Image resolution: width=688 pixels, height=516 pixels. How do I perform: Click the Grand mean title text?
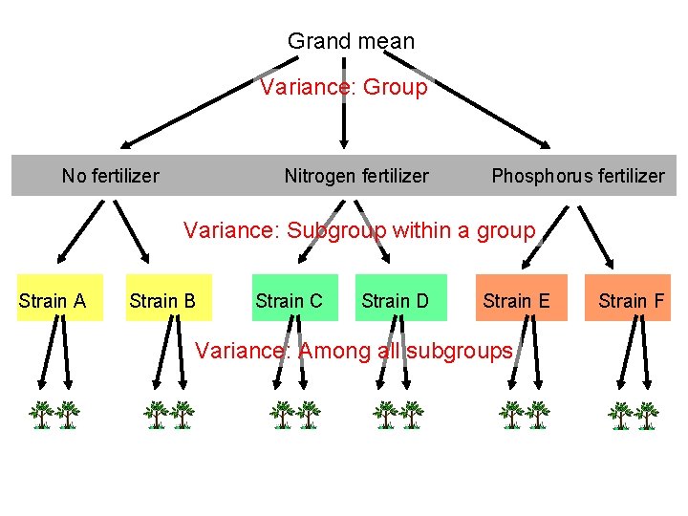[351, 41]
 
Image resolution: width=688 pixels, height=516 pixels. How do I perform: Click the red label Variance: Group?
[344, 87]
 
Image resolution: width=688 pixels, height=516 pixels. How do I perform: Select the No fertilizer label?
[110, 176]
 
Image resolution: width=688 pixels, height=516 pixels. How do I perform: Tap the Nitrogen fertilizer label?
[356, 176]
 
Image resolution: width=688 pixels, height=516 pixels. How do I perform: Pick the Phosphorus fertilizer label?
[577, 176]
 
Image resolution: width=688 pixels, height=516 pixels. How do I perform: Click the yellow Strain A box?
[53, 301]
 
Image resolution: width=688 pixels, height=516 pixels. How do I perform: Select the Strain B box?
[162, 301]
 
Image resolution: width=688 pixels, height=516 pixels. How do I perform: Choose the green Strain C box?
[289, 301]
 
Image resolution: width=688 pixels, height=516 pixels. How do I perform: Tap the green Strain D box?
[395, 301]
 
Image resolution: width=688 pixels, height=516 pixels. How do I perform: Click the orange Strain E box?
[516, 301]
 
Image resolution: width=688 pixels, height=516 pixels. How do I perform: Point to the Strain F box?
[631, 301]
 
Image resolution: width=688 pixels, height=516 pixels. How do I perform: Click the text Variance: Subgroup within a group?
[359, 230]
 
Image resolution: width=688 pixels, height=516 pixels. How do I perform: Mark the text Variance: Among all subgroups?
[354, 351]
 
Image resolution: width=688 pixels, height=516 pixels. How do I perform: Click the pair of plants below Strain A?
[54, 414]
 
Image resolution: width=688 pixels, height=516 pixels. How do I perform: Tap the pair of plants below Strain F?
[634, 414]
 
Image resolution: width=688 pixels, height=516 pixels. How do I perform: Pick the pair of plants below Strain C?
[294, 414]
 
